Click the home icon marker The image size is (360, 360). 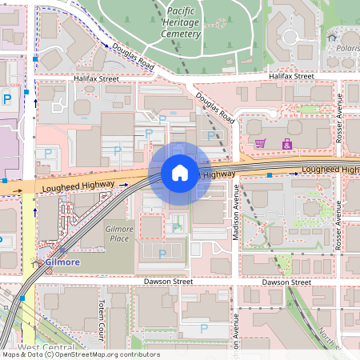(180, 172)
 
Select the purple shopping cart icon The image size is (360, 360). (260, 143)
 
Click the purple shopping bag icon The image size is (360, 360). (286, 144)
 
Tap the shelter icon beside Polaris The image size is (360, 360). (332, 36)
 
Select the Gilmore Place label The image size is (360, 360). (118, 234)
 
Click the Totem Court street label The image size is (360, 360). (102, 314)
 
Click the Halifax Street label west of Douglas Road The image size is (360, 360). (96, 79)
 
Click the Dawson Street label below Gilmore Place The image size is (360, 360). (169, 282)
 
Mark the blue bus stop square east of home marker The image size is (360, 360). (270, 174)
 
